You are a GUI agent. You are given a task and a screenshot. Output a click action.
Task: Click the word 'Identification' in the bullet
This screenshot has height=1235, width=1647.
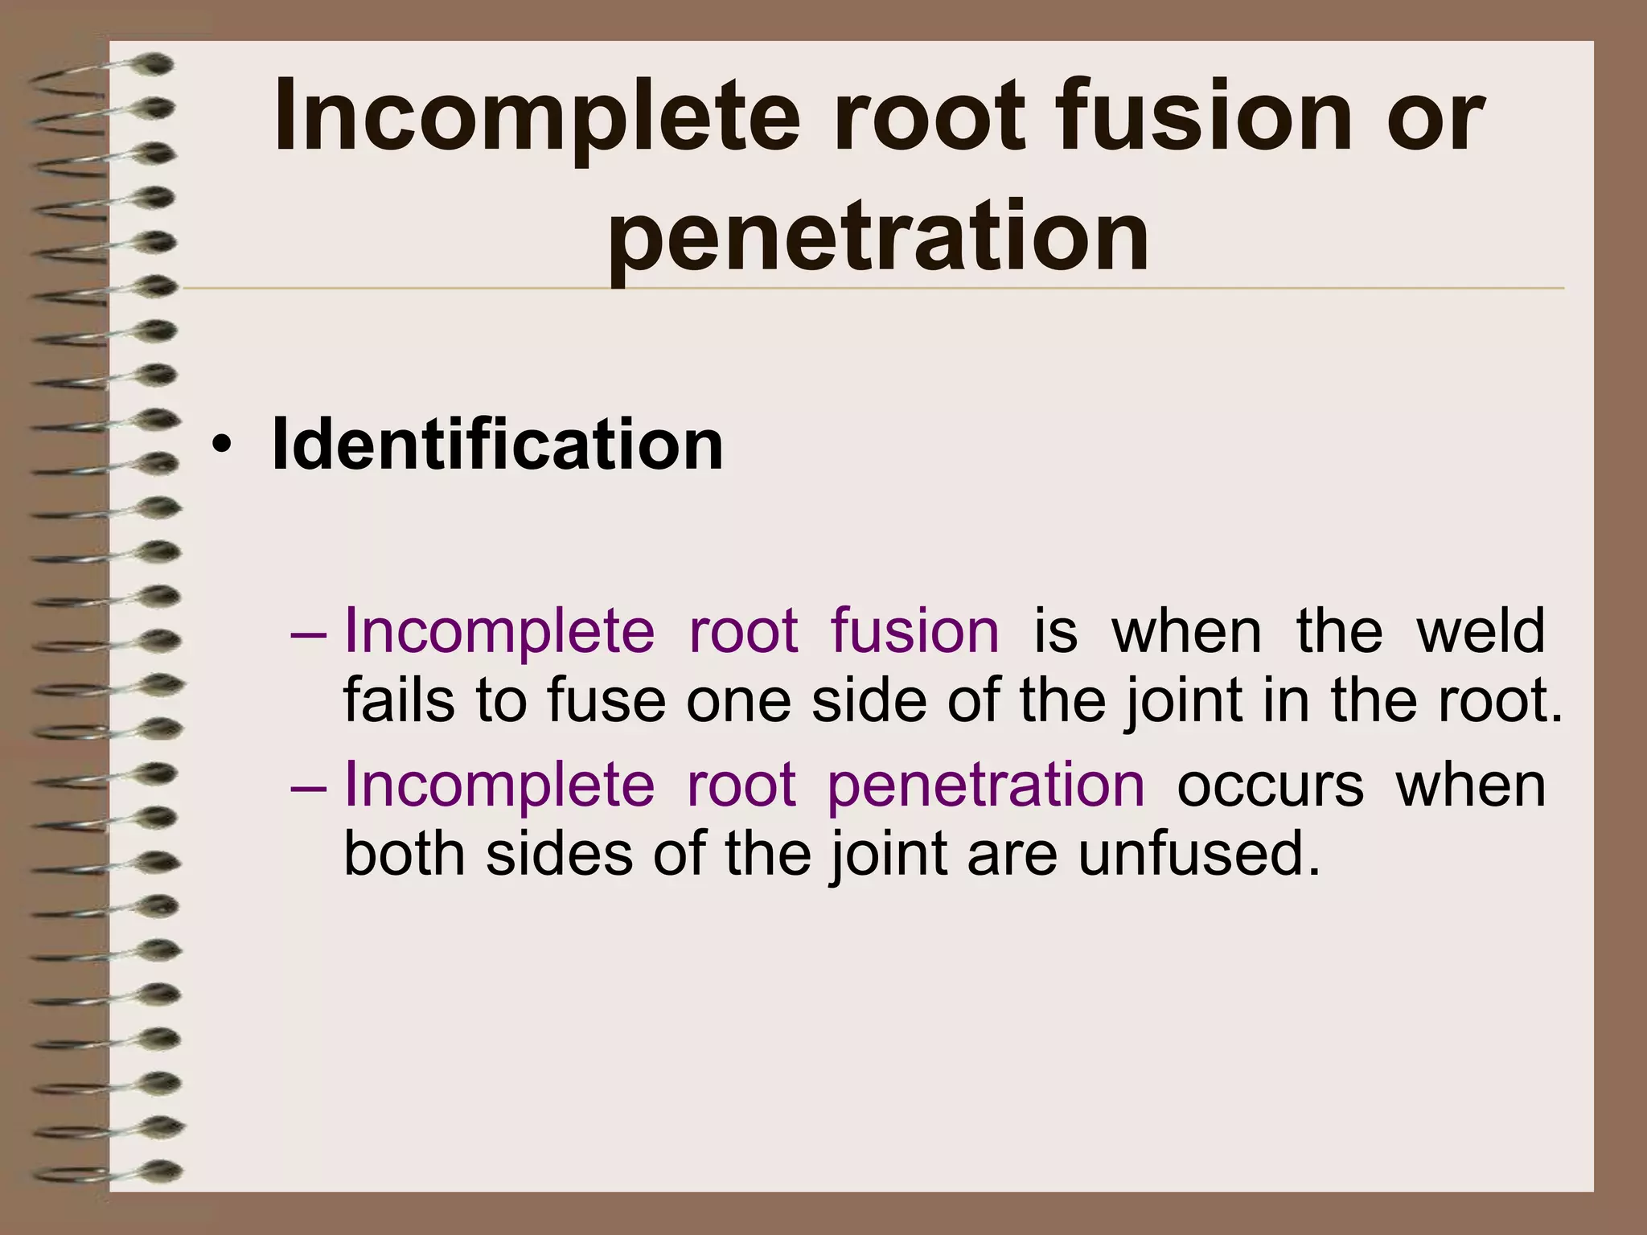point(498,445)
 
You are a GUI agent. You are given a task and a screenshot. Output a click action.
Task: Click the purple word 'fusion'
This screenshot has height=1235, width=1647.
point(915,630)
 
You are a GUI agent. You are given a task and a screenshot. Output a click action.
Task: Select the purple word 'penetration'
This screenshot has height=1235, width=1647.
point(986,785)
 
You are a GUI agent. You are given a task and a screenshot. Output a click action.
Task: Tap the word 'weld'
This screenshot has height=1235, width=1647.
point(1481,630)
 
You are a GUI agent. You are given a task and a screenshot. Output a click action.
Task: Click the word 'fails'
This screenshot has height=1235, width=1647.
point(399,700)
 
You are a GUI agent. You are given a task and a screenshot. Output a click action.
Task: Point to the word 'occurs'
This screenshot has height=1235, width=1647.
point(1271,786)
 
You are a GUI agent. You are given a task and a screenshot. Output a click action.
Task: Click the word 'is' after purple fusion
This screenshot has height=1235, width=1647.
point(1055,630)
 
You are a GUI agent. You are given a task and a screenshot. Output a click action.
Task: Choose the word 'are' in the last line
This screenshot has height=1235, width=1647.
point(1012,855)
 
